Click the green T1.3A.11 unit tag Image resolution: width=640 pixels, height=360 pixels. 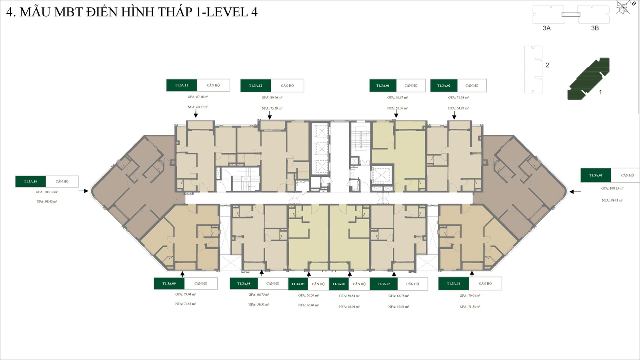click(x=182, y=85)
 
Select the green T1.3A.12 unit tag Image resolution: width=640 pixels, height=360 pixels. click(x=256, y=86)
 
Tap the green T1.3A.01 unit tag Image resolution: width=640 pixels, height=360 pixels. click(x=383, y=86)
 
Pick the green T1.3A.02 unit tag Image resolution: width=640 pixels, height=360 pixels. click(x=444, y=86)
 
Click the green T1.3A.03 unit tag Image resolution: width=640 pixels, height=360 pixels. click(x=596, y=175)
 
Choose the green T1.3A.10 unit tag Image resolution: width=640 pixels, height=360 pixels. click(x=30, y=181)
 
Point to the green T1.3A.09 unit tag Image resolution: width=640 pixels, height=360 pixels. click(x=169, y=284)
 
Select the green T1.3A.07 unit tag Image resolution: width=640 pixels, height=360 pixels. click(x=298, y=284)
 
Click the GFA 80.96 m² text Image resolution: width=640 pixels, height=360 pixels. click(x=272, y=98)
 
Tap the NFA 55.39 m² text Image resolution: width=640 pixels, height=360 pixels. click(x=397, y=108)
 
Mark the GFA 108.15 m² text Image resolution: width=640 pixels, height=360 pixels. click(x=612, y=188)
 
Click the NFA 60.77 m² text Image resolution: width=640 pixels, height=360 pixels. click(x=198, y=107)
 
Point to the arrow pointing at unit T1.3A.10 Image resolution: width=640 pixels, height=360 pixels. click(x=83, y=191)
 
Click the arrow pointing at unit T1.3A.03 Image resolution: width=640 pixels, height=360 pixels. click(x=575, y=192)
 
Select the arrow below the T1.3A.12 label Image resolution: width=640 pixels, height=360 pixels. click(x=270, y=115)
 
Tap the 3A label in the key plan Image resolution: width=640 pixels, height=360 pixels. click(x=546, y=28)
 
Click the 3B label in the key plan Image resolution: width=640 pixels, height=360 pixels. click(x=595, y=28)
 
